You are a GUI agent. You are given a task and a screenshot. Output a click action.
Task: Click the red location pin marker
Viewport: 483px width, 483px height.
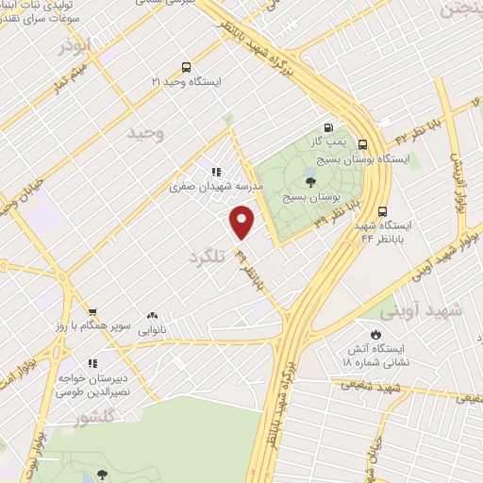(243, 222)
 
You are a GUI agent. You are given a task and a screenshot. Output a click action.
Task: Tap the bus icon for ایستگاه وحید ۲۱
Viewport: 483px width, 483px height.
(186, 67)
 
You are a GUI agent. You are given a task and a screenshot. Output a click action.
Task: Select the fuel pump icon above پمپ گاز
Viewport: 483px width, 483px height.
(327, 128)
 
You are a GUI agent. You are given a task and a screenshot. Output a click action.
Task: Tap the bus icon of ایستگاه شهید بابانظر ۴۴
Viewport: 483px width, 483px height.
(382, 211)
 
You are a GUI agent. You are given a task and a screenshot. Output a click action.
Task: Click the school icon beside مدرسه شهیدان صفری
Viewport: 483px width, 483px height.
(216, 172)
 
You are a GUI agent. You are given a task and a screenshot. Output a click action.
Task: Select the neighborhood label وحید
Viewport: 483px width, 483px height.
(148, 134)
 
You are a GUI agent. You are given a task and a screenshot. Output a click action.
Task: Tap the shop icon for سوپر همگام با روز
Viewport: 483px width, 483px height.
(92, 312)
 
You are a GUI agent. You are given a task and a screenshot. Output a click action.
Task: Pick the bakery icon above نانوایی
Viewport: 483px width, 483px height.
(152, 316)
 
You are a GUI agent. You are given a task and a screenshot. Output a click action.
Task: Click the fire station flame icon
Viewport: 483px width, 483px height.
(375, 334)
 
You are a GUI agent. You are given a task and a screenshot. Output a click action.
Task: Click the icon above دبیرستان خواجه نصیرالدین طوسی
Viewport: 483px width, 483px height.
(92, 362)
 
